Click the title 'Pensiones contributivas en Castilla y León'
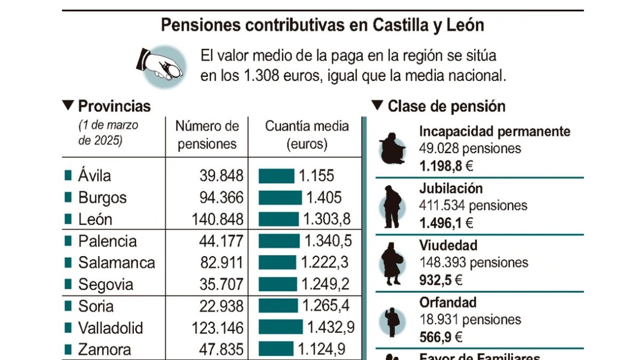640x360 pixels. click(322, 25)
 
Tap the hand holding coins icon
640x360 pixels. click(162, 65)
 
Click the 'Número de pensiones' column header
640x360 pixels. click(207, 135)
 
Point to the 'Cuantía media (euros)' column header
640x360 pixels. click(307, 135)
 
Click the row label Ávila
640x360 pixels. click(94, 175)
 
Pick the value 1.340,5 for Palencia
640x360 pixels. click(328, 241)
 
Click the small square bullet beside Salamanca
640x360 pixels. click(68, 262)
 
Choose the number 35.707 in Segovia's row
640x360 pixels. click(221, 285)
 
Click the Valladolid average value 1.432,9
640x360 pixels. click(331, 328)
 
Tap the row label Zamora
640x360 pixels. click(105, 350)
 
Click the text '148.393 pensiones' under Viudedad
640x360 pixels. click(474, 263)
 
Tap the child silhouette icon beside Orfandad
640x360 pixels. click(393, 322)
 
